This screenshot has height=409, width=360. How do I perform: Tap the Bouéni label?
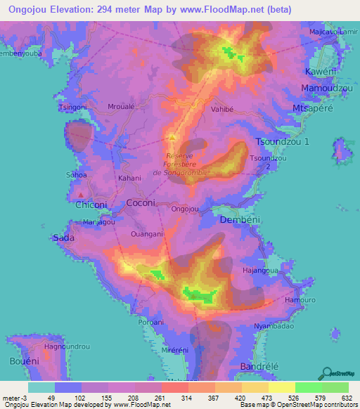[x=14, y=361]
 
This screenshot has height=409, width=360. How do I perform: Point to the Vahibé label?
[x=222, y=110]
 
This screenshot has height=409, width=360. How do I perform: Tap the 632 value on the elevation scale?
[x=347, y=397]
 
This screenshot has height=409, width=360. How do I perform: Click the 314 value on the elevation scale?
[x=186, y=397]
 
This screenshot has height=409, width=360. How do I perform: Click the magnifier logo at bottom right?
[x=328, y=373]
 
